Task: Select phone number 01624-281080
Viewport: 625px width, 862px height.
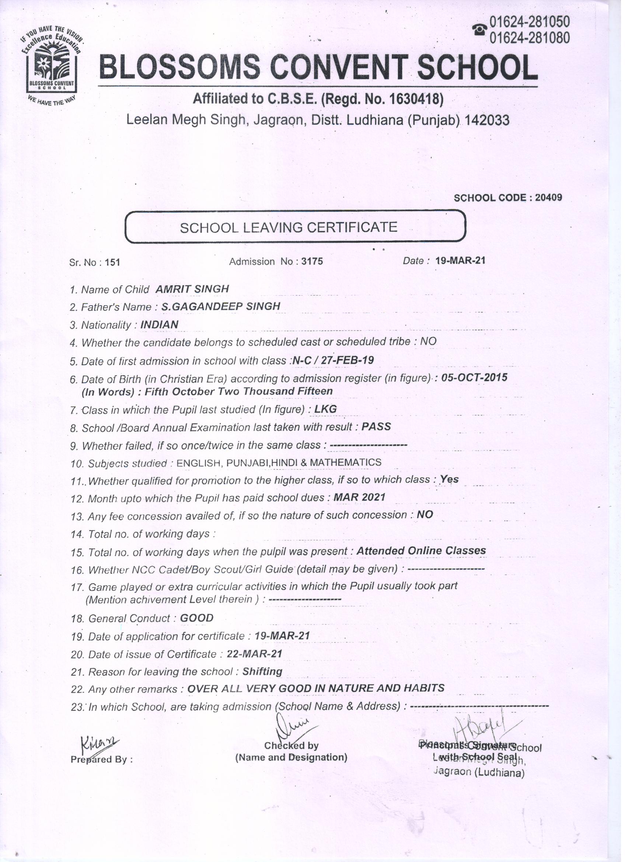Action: pyautogui.click(x=530, y=38)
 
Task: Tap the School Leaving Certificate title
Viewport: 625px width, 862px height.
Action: pyautogui.click(x=289, y=227)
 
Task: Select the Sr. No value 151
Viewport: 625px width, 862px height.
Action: pyautogui.click(x=112, y=262)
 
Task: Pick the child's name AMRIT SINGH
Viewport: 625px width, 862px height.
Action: pyautogui.click(x=192, y=289)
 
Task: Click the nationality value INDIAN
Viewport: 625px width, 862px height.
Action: pyautogui.click(x=159, y=324)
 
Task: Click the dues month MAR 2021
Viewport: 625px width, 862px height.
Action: pyautogui.click(x=359, y=497)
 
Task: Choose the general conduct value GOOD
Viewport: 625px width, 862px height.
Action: pyautogui.click(x=196, y=618)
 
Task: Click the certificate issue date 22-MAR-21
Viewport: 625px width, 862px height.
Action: pyautogui.click(x=254, y=654)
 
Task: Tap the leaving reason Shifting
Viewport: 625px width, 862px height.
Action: pyautogui.click(x=262, y=672)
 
